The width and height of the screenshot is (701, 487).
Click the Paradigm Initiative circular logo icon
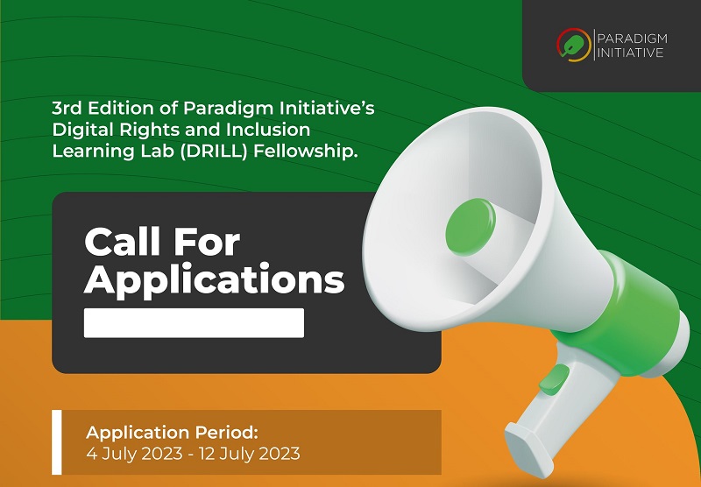coord(574,43)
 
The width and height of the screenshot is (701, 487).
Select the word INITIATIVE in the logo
coord(629,52)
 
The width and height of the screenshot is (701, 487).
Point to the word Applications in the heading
coord(214,280)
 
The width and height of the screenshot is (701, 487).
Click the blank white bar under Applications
coord(194,322)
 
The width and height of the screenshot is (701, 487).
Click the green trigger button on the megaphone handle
coord(554,380)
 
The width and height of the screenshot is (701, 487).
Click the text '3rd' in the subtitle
coord(67,109)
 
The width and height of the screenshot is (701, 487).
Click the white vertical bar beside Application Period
coord(57,442)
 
